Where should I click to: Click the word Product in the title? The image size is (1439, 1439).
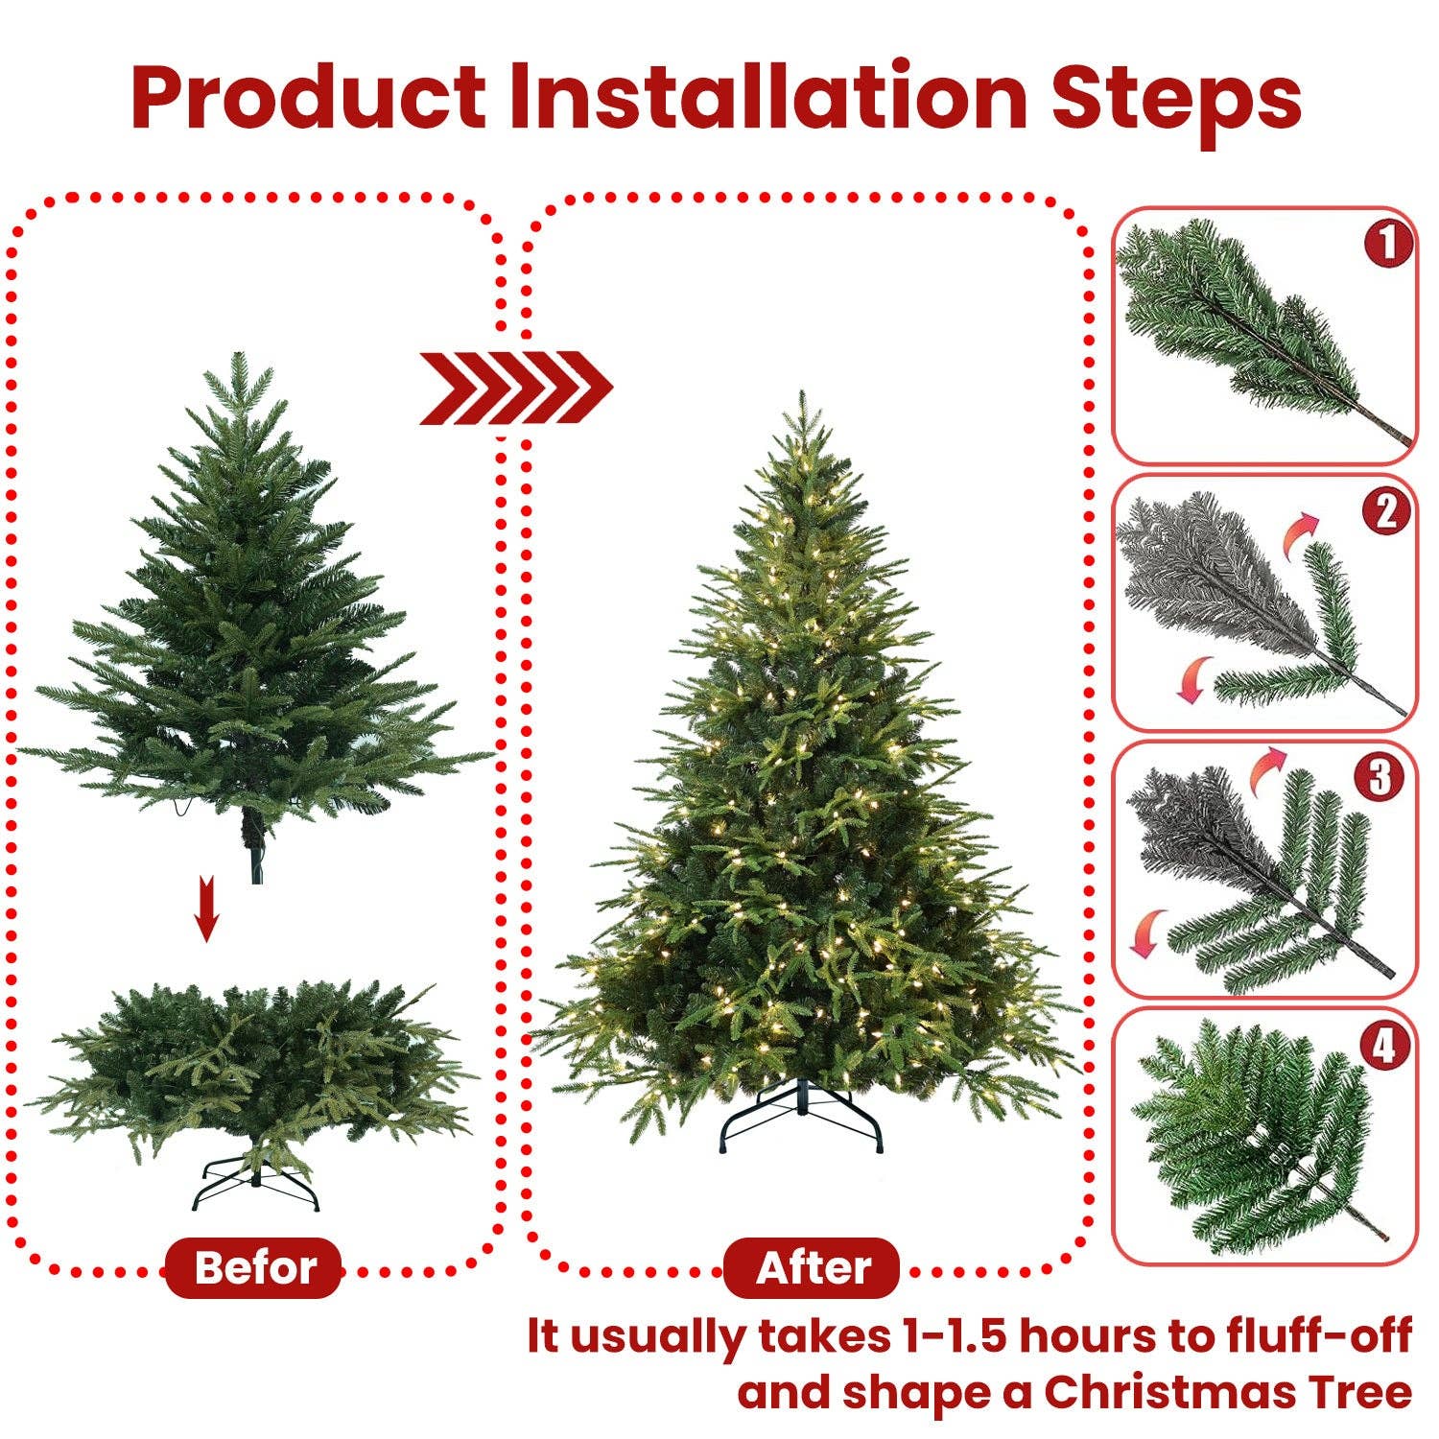pyautogui.click(x=309, y=98)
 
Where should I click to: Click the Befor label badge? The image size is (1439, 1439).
pyautogui.click(x=254, y=1268)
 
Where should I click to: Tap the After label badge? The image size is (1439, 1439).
pyautogui.click(x=812, y=1268)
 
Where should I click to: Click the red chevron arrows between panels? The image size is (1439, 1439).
pyautogui.click(x=515, y=388)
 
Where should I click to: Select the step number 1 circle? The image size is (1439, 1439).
pyautogui.click(x=1387, y=244)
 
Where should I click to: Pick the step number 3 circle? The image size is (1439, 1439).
pyautogui.click(x=1380, y=777)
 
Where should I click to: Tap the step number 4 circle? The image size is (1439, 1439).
pyautogui.click(x=1383, y=1046)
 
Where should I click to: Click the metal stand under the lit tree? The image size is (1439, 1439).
pyautogui.click(x=801, y=1118)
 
